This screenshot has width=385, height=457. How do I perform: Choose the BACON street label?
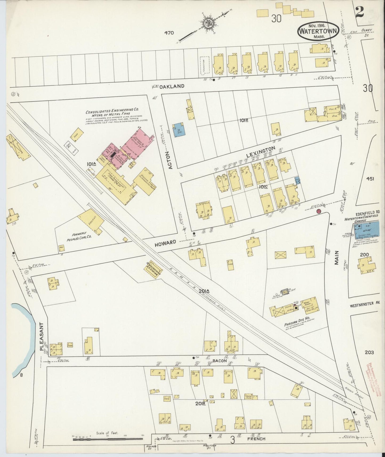[220, 361]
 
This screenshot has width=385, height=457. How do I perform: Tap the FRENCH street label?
[256, 439]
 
